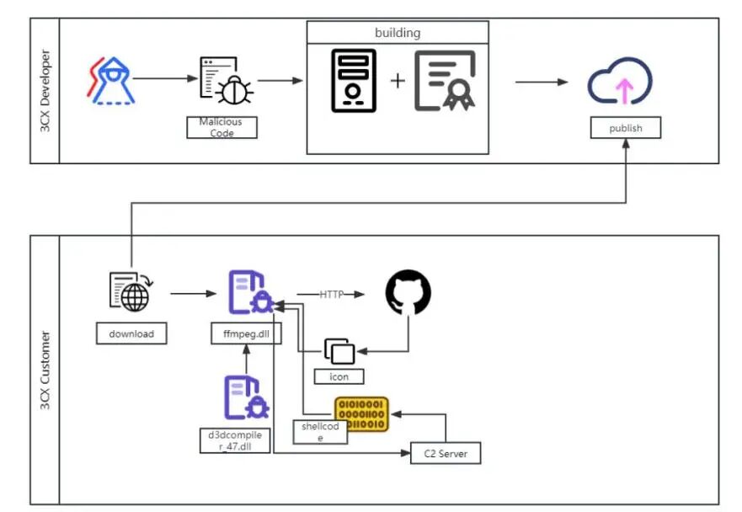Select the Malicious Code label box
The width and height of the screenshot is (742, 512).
(221, 127)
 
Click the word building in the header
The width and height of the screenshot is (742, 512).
(398, 33)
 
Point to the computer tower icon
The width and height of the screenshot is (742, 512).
(353, 81)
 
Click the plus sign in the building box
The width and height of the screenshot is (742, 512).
(397, 81)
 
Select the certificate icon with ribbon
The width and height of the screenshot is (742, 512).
(445, 81)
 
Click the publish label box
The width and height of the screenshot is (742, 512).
(626, 128)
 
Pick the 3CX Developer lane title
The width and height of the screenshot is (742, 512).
(45, 91)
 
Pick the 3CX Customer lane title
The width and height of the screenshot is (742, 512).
(45, 371)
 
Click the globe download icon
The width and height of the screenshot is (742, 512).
(130, 292)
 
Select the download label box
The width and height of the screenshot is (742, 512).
(131, 333)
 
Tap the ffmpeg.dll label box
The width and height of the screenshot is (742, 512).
(246, 334)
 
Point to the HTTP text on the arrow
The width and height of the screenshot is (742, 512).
(331, 294)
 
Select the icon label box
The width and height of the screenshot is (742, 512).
(339, 376)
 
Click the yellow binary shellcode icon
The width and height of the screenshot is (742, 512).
(361, 414)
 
